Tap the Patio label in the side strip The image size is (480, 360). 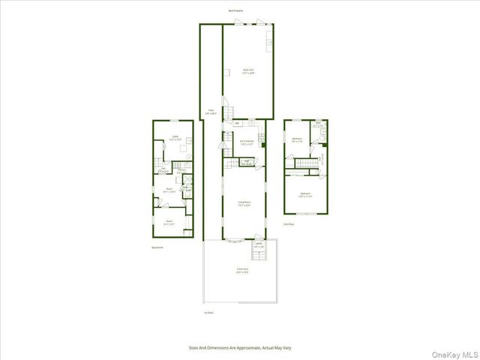click(x=211, y=112)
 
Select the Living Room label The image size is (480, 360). click(x=244, y=203)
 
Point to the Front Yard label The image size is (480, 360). click(x=242, y=270)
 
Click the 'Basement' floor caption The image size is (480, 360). click(x=157, y=247)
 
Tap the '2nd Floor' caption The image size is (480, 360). click(x=289, y=223)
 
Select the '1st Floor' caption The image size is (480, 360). click(x=208, y=313)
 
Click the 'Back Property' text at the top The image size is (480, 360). click(x=236, y=10)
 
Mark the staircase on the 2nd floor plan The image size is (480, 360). click(x=305, y=163)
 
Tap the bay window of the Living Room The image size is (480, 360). click(x=233, y=241)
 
